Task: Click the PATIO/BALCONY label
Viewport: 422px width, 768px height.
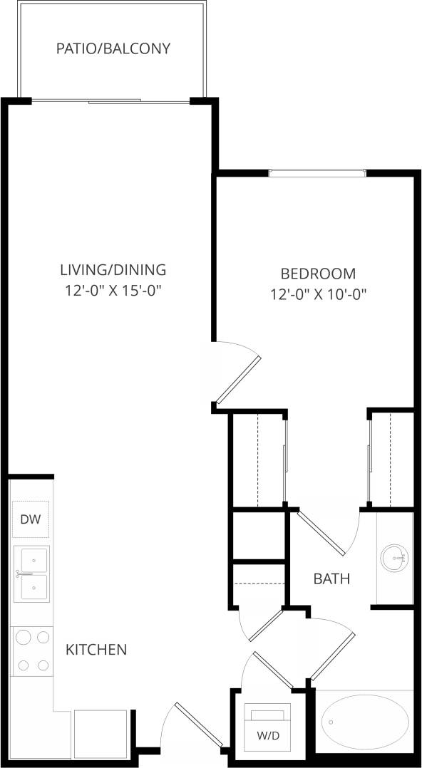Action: (113, 49)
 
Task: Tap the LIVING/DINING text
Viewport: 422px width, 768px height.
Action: (113, 270)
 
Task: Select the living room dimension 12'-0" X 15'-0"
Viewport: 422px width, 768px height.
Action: (113, 291)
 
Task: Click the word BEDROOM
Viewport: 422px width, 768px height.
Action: (318, 273)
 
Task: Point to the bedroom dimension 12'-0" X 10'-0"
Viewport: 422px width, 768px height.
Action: (318, 294)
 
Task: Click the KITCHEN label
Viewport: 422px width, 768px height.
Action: (96, 650)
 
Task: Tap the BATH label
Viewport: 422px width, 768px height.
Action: (331, 578)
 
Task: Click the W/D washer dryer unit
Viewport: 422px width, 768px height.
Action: (267, 727)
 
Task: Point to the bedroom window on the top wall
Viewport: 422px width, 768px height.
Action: (317, 172)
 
